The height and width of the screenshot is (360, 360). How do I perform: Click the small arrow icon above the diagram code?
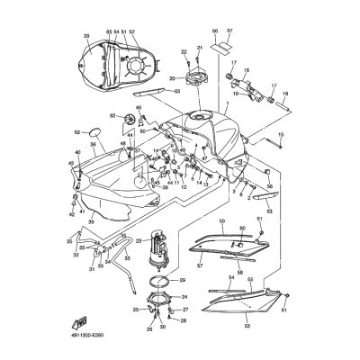click(84, 321)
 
